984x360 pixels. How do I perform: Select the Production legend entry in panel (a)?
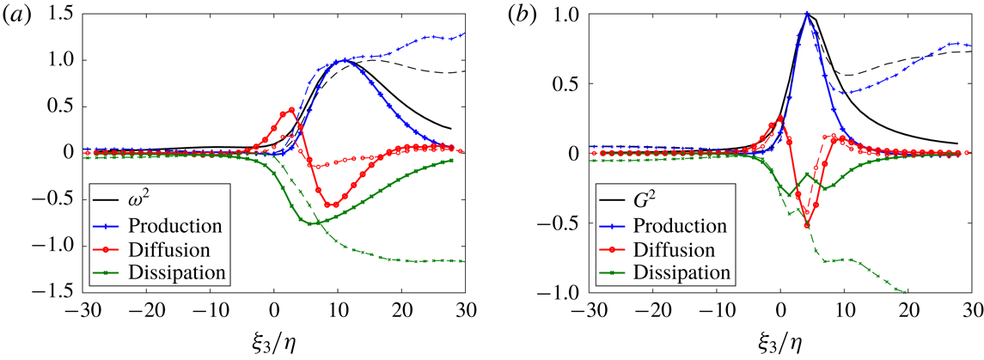coord(167,226)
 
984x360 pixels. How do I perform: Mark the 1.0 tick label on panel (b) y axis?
coord(563,15)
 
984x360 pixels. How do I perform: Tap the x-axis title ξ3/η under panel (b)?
coord(781,339)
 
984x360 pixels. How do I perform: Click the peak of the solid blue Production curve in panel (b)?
coord(807,14)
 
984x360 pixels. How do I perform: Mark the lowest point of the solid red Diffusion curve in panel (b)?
coord(807,225)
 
